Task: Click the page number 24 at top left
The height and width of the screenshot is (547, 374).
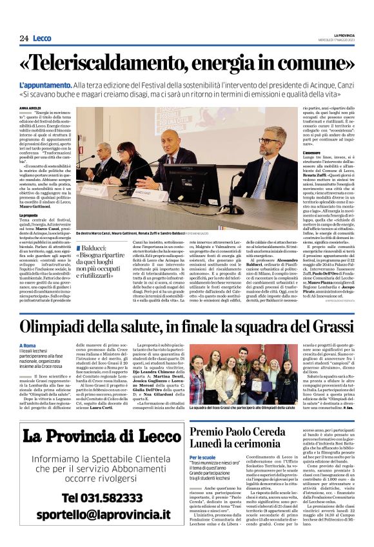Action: point(24,38)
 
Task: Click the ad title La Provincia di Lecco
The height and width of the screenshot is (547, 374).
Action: point(93,436)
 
